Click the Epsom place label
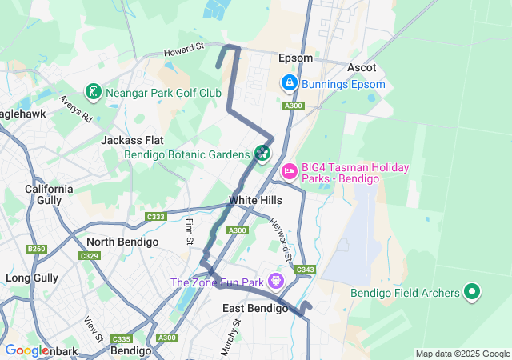295,58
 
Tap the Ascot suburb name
362,68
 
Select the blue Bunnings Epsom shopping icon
288,83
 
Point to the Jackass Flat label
132,140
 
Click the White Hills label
255,200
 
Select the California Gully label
49,195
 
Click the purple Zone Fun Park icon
276,281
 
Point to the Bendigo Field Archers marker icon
472,293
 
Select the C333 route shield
156,217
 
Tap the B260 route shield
36,250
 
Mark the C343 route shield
305,270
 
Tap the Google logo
26,350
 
